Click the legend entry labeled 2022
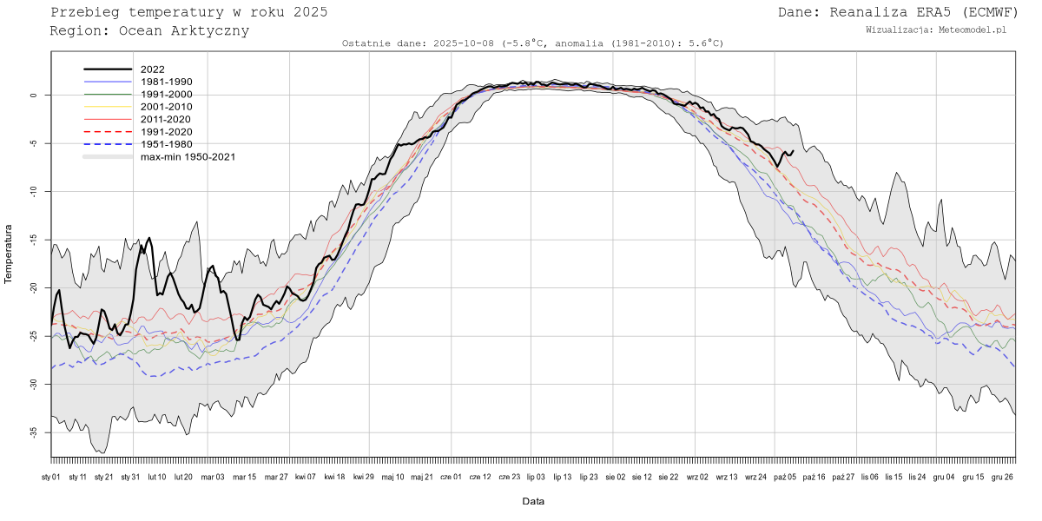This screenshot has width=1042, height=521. [x=152, y=69]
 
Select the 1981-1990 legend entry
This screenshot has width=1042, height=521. [x=166, y=82]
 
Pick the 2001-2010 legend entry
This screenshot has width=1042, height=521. [x=166, y=107]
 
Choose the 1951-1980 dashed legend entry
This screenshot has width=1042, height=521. [x=166, y=144]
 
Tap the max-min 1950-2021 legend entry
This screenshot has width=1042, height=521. [x=188, y=157]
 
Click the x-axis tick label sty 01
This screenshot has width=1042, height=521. [x=51, y=477]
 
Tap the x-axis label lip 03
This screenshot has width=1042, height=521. [x=536, y=477]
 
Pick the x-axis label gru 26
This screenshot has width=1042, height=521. [x=1004, y=477]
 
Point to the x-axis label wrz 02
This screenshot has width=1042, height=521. [x=697, y=477]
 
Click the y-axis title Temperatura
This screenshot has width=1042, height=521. [x=9, y=254]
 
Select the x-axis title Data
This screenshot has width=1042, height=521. [x=533, y=502]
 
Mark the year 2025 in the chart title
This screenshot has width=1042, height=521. [x=310, y=12]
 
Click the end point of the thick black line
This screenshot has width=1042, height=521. [x=793, y=151]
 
